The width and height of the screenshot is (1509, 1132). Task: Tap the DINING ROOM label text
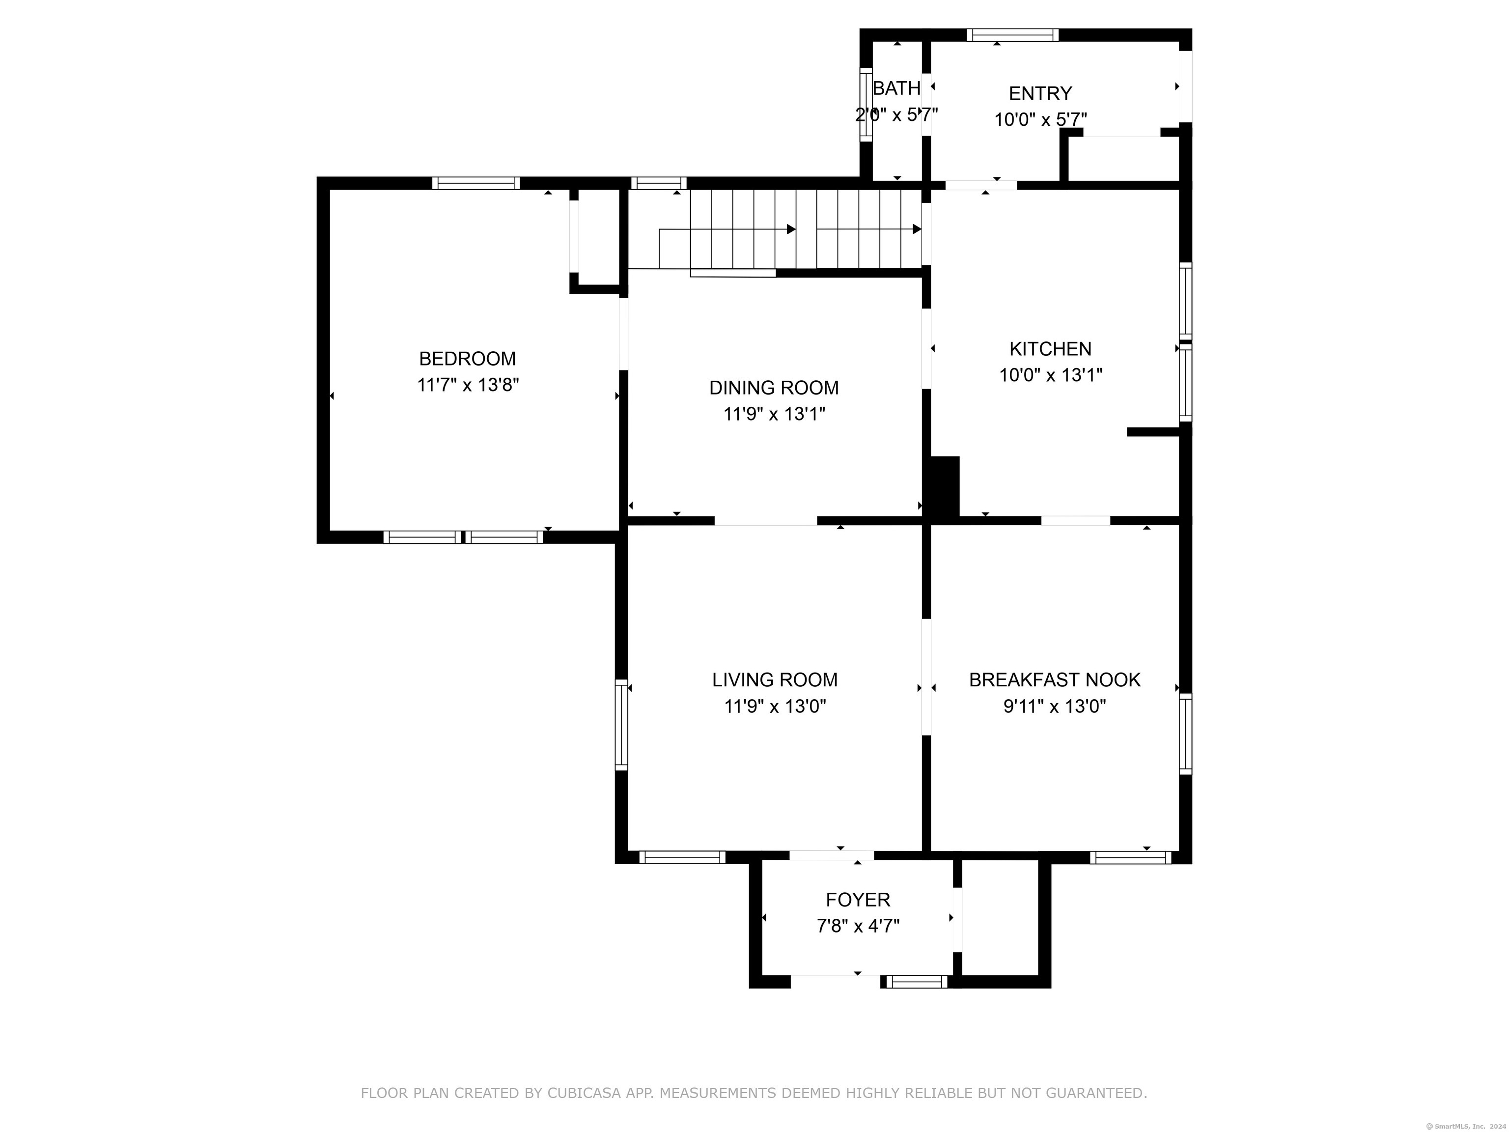coord(774,388)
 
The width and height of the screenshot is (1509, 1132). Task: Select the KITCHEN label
coord(1051,349)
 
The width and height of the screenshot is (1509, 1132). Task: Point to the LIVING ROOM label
coord(775,679)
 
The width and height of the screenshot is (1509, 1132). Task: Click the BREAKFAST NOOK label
coord(1055,679)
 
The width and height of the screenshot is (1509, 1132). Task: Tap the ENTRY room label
coord(1040,93)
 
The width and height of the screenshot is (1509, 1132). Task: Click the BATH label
coord(897,88)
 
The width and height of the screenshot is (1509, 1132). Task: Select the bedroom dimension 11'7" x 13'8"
coord(468,385)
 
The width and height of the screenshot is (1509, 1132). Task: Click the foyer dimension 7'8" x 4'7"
coord(858,926)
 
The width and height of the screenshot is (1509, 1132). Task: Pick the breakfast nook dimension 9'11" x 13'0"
coord(1055,706)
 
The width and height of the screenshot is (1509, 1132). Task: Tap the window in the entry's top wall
coord(1012,35)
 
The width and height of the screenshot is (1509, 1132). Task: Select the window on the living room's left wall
coord(621,725)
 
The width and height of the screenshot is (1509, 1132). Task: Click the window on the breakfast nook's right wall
coord(1186,734)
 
